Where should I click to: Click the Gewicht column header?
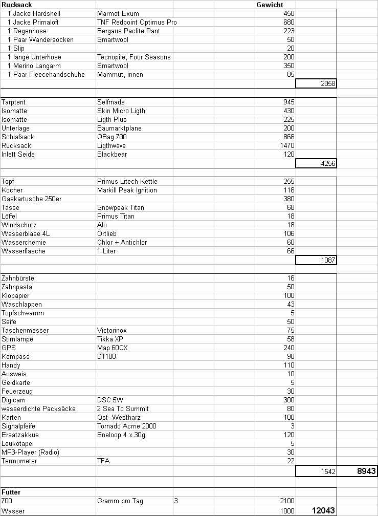point(270,5)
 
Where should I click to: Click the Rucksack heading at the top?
point(17,5)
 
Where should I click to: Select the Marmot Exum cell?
point(118,13)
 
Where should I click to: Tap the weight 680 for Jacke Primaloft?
point(288,22)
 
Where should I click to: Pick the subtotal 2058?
point(328,83)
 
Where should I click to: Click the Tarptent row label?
point(13,102)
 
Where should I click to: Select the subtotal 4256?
point(328,163)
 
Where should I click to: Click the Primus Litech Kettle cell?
point(127,181)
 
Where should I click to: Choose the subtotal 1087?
point(328,260)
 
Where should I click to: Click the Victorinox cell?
point(113,330)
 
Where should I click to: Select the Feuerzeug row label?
point(17,391)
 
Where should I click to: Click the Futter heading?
point(11,492)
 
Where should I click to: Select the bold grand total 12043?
point(323,510)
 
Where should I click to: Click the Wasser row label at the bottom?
point(13,510)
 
